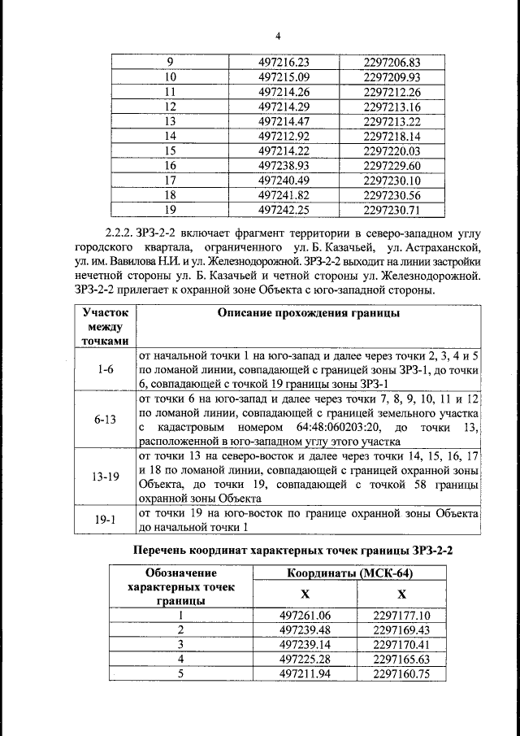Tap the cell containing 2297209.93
(391, 77)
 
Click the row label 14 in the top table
(170, 136)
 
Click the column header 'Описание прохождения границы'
(308, 314)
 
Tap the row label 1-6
(105, 369)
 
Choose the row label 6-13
(105, 419)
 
